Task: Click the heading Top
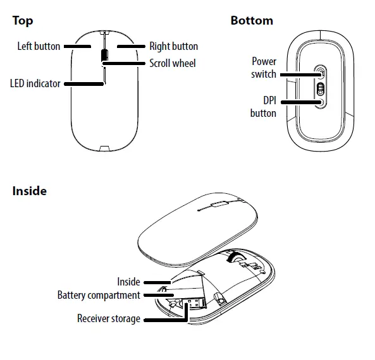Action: (x=23, y=21)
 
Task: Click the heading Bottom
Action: (x=252, y=21)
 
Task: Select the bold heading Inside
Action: (x=29, y=191)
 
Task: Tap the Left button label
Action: (x=39, y=46)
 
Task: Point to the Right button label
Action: (x=173, y=46)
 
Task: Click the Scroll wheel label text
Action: (x=172, y=63)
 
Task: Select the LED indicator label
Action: (x=35, y=83)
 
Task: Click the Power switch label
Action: (x=264, y=68)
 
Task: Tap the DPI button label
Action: (x=263, y=107)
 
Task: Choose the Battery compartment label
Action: (x=99, y=295)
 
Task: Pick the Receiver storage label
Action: (x=109, y=319)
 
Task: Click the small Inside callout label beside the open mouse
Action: (x=128, y=282)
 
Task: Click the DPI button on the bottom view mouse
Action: (x=320, y=101)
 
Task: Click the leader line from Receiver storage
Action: (x=166, y=319)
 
